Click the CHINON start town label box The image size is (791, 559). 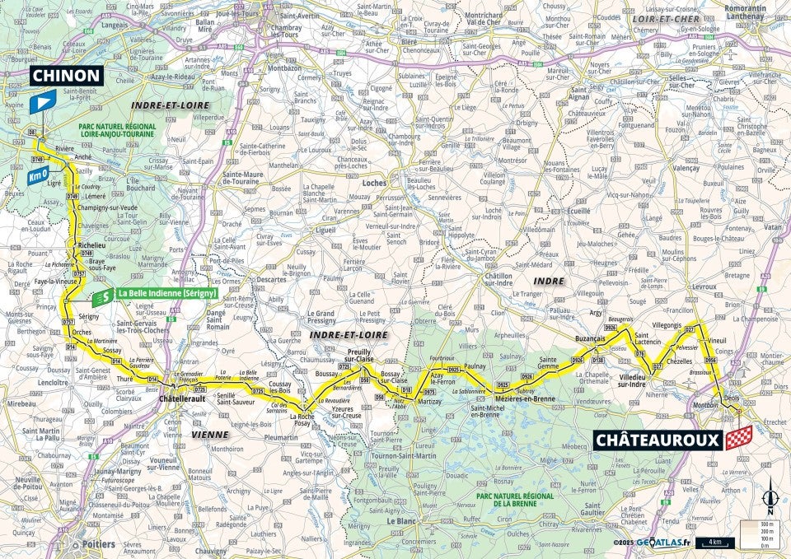point(66,76)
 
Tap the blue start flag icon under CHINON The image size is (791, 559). point(41,102)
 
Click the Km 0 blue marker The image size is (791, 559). point(36,176)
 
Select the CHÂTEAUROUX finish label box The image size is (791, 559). point(657,440)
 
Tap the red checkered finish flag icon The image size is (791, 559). point(739,437)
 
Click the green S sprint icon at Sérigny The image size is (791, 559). point(102,294)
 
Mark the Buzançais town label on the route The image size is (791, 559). point(589,338)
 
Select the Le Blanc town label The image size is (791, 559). point(399,521)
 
